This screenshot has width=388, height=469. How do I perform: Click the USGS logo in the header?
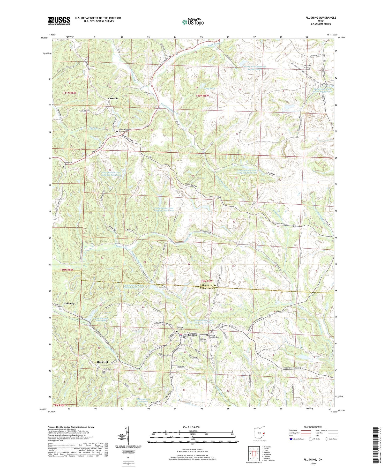coord(59,21)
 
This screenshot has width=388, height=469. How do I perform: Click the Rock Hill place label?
coord(102,362)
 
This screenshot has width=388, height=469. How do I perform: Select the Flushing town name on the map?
coord(192,335)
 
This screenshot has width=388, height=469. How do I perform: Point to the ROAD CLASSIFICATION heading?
coord(313,427)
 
